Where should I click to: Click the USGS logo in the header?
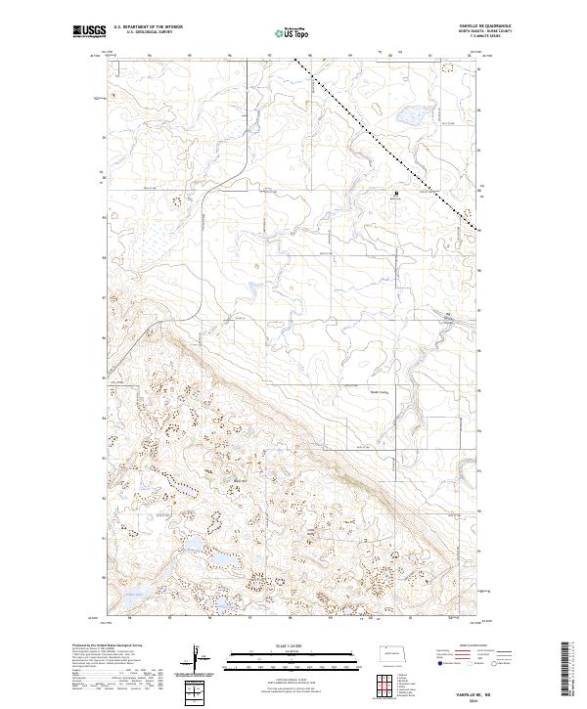tap(89, 32)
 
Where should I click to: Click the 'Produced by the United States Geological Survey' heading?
tap(102, 645)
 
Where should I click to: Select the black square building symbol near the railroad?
tap(396, 194)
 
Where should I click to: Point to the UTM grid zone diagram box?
tap(196, 694)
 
